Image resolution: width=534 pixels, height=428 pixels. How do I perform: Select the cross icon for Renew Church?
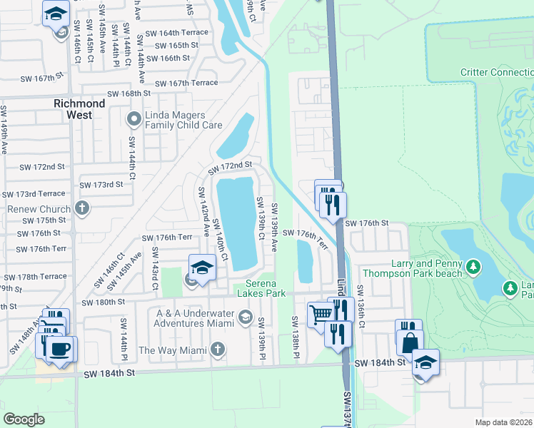point(82,208)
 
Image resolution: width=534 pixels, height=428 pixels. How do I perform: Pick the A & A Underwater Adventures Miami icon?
point(245,317)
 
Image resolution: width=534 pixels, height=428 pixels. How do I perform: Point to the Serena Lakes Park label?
point(261,288)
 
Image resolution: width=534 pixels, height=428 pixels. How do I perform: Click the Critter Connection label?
point(497,72)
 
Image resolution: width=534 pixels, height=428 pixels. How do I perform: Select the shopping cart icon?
point(321,312)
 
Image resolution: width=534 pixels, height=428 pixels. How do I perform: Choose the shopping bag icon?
point(410,342)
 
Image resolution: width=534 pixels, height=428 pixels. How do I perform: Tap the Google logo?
point(24,419)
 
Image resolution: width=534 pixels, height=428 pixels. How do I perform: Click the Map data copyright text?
point(504,422)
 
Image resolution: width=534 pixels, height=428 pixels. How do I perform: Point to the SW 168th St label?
point(129,93)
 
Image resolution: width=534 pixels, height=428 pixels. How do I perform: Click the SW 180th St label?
point(103,302)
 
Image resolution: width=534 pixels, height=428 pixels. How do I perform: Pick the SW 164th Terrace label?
point(176,33)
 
